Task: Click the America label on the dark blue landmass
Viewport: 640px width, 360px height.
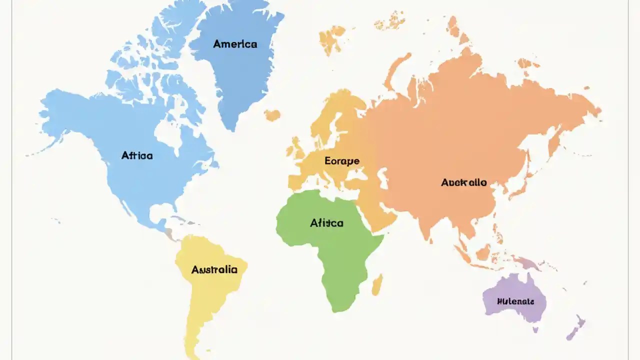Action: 235,44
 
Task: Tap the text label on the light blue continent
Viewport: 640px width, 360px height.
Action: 137,155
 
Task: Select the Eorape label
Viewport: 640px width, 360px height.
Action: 342,161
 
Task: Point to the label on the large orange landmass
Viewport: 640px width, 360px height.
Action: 463,182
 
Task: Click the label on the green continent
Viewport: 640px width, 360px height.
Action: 326,223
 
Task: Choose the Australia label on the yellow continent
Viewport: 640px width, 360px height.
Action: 214,270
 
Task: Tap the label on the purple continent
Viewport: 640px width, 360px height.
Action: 515,301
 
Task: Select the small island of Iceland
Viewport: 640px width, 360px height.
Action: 272,115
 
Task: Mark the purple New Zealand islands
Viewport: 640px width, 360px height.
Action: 575,327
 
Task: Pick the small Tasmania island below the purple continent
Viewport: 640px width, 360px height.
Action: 535,329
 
